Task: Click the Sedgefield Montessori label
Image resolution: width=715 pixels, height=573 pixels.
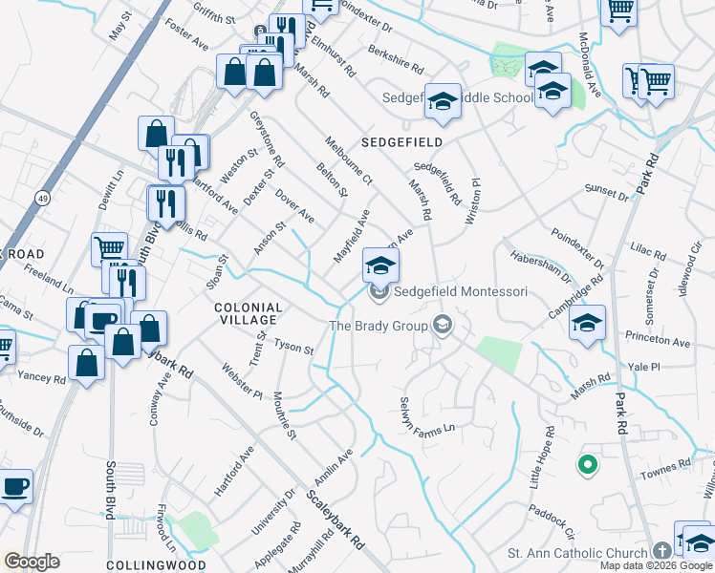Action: click(x=461, y=291)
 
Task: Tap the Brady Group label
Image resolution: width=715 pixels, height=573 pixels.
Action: click(x=379, y=326)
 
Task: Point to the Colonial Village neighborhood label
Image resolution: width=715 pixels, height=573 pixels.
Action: click(x=247, y=314)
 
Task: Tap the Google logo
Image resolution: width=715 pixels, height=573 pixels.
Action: click(x=32, y=562)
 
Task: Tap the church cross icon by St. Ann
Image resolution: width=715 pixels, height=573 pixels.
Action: click(x=661, y=552)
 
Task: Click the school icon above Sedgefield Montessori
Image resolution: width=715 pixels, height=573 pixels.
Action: click(x=380, y=265)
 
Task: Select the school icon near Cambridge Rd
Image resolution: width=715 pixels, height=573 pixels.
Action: click(x=588, y=322)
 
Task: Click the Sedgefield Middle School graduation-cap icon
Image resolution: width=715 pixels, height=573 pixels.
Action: click(x=443, y=101)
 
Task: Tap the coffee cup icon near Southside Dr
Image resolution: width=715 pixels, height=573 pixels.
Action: click(x=15, y=486)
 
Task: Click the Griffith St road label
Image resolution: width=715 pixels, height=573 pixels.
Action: click(x=212, y=16)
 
